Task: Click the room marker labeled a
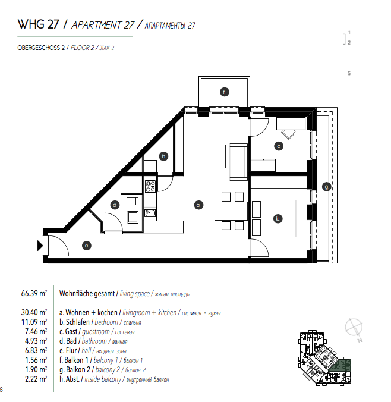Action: [199, 205]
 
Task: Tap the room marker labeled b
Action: [277, 218]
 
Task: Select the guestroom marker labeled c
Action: [278, 146]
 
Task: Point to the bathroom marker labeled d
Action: [115, 205]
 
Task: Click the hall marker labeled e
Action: [86, 245]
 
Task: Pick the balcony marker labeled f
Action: [224, 92]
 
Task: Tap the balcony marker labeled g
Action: [326, 186]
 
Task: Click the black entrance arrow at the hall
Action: [40, 244]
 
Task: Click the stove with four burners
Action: [150, 186]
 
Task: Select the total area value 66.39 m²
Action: [34, 293]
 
